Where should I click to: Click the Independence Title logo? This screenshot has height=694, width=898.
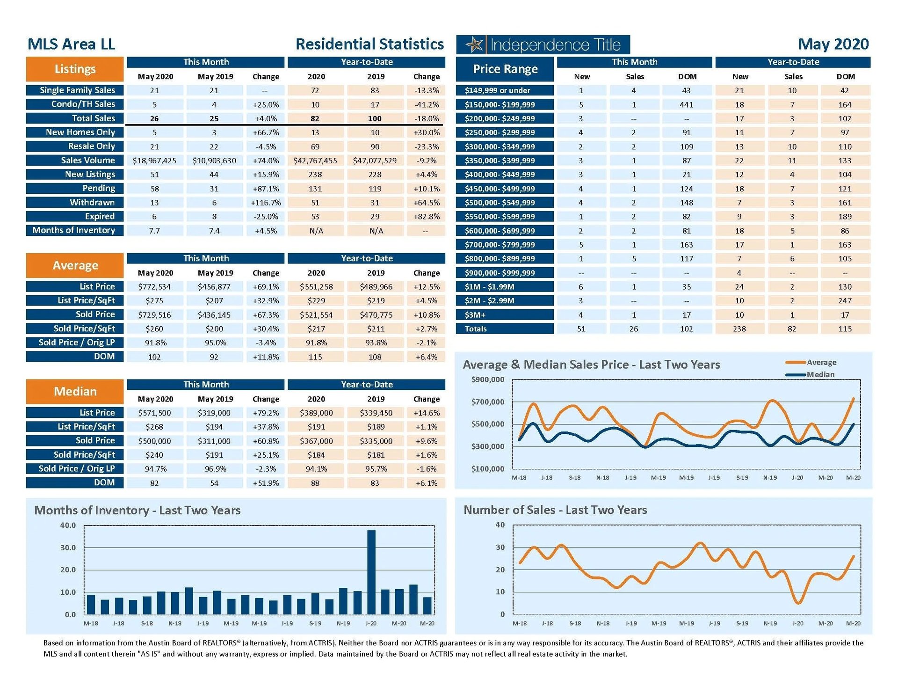click(543, 45)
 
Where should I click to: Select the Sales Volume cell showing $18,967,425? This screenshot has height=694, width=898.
click(154, 161)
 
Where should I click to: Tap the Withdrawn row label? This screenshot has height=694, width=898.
click(92, 202)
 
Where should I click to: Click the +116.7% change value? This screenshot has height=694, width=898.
click(266, 203)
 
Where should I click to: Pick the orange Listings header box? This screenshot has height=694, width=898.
click(75, 69)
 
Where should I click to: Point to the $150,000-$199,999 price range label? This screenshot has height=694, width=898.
click(500, 105)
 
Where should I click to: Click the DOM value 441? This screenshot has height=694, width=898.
click(686, 105)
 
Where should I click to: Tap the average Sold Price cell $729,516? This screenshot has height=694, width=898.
click(154, 315)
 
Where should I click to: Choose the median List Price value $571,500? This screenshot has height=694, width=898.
click(154, 413)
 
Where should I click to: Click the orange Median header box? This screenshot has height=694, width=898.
click(75, 392)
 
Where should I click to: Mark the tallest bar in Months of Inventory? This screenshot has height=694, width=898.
click(371, 572)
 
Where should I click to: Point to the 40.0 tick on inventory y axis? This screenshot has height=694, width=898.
click(68, 525)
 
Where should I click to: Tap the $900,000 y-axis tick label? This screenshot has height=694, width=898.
click(488, 380)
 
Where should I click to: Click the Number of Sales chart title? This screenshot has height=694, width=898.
click(555, 510)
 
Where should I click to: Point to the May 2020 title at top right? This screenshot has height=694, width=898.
click(833, 44)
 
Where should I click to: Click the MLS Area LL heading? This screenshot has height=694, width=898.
click(71, 44)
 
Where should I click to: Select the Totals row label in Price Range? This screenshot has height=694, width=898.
click(476, 329)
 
